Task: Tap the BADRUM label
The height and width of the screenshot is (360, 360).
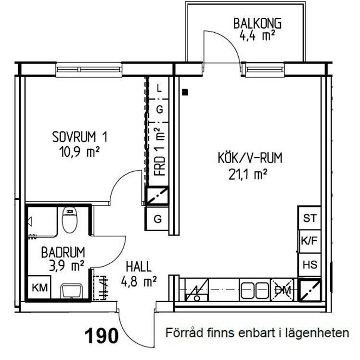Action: tap(63, 252)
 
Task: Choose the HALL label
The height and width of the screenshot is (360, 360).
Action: tap(139, 266)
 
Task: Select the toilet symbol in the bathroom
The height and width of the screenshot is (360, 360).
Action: tap(70, 219)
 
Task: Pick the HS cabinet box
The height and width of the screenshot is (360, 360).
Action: tap(309, 264)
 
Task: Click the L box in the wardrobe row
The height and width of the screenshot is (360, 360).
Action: tap(160, 88)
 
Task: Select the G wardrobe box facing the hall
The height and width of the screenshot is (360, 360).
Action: tap(157, 219)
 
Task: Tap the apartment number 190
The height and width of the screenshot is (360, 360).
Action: tap(102, 335)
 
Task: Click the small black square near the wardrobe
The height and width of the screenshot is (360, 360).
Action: tap(185, 91)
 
